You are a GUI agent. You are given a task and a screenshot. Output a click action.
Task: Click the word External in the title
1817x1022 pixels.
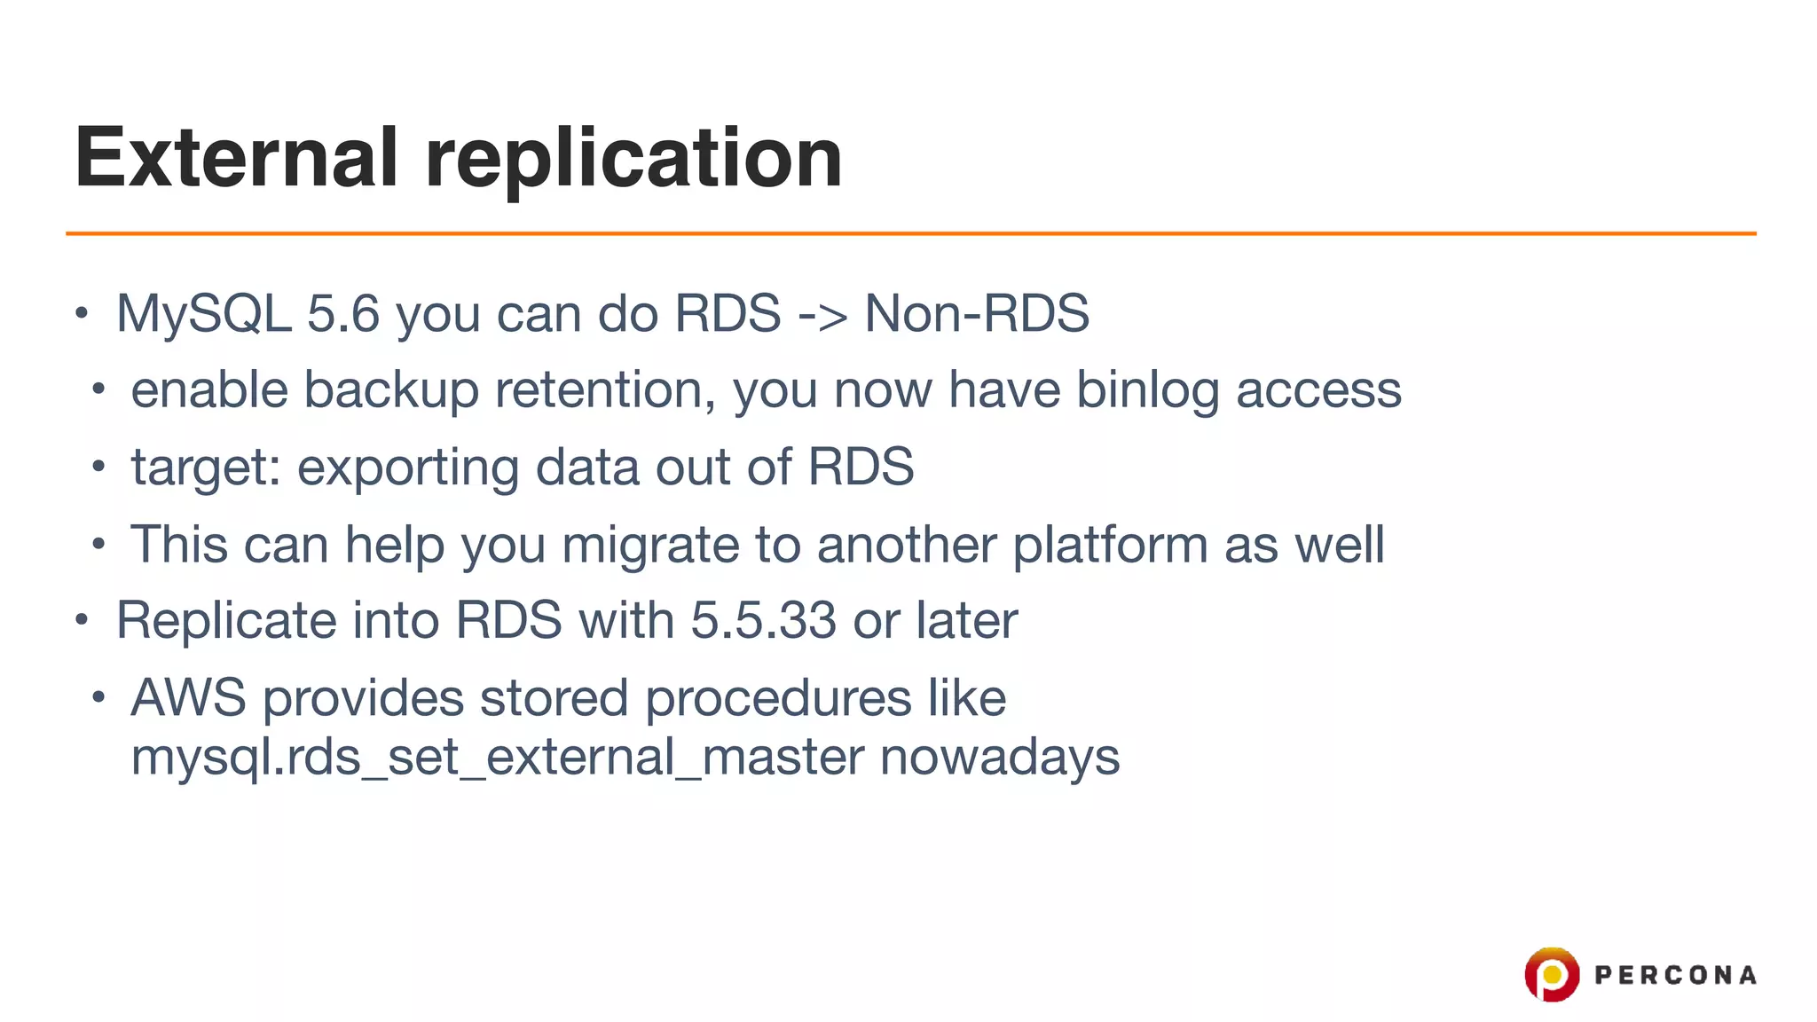coord(236,158)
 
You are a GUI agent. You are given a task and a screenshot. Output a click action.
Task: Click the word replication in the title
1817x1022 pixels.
coord(633,158)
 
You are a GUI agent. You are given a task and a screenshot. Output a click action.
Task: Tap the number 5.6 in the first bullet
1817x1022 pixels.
coord(343,313)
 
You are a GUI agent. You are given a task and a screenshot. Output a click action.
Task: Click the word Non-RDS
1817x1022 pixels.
coord(977,313)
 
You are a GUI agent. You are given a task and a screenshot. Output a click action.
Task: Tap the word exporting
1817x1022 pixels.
coord(407,468)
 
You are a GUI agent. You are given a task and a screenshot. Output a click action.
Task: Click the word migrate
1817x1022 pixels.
coord(650,545)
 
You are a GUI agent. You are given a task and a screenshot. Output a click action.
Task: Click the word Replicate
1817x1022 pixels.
coord(226,620)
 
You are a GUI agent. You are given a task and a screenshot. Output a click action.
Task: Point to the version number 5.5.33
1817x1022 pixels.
coord(763,620)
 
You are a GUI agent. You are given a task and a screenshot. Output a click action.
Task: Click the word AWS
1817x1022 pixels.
coord(188,698)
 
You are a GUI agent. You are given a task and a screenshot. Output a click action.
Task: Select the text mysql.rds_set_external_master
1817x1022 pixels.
coord(497,758)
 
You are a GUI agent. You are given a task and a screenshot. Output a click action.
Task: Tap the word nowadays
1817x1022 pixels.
coord(1000,758)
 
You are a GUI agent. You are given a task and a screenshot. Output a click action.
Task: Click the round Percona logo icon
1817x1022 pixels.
coord(1552,974)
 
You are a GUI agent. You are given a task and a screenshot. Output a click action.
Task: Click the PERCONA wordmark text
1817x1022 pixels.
coord(1675,975)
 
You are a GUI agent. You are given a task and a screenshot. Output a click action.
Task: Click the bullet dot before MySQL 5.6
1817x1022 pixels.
coord(82,313)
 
